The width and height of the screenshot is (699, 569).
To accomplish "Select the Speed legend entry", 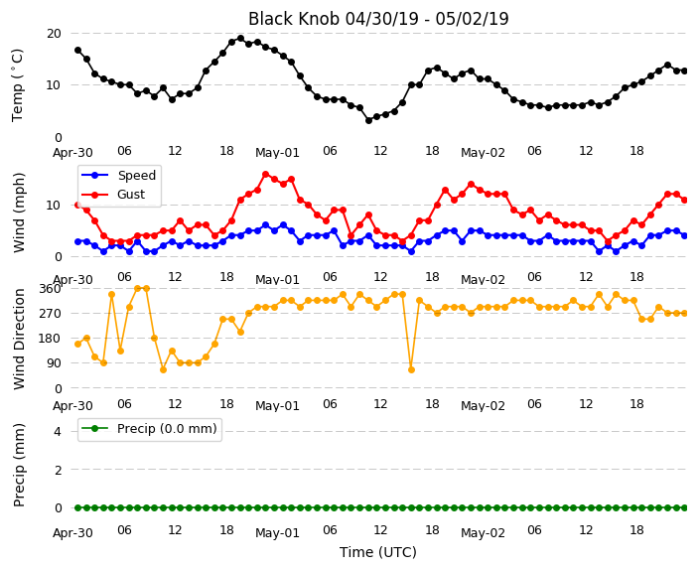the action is coord(118,175).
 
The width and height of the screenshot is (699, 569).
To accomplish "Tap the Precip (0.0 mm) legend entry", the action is coord(149,429).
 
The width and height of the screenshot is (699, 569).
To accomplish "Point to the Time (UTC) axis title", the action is coord(378,552).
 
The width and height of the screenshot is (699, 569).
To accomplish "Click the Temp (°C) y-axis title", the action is coord(17,85).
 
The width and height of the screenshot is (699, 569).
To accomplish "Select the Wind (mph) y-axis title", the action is coord(19,213).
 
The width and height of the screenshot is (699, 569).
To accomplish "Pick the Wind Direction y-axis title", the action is coord(19,339).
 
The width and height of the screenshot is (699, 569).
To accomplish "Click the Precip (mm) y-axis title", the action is coord(19,465).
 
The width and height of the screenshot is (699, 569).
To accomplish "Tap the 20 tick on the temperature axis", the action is coord(54,34).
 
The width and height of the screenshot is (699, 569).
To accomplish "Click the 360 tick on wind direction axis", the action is coord(50,289).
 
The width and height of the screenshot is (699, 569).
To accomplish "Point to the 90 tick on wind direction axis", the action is coord(54,363).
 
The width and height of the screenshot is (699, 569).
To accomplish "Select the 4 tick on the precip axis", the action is coord(58,431).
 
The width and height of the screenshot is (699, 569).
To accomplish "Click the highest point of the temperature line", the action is coord(240,39).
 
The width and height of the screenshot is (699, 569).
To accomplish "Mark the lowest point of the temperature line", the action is coord(368,120).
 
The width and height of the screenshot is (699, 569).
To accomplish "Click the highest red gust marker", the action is coord(266,175).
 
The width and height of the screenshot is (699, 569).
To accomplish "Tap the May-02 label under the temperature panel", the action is coord(483,153).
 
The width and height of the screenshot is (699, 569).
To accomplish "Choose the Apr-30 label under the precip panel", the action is coord(72,533).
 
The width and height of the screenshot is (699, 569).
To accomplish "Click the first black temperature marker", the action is coord(78,51).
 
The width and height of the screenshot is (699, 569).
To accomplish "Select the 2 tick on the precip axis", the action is coord(58,470).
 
